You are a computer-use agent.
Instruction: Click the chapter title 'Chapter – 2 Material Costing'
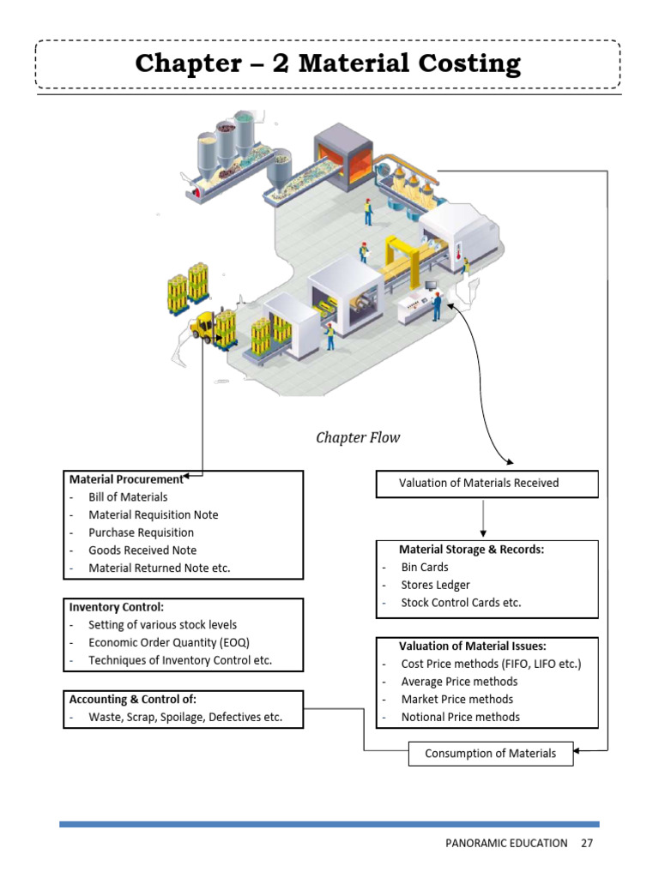(x=327, y=64)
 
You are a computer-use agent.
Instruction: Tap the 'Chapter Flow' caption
(x=358, y=438)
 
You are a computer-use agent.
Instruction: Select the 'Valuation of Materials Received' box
(x=486, y=484)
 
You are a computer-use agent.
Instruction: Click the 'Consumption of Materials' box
(x=490, y=754)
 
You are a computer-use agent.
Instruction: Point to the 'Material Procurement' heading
(x=125, y=479)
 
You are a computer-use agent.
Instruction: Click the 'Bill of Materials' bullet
(x=128, y=497)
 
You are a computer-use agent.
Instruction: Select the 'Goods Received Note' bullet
(x=142, y=550)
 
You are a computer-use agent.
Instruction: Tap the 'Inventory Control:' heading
(x=116, y=607)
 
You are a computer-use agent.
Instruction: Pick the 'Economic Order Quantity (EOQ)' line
(x=169, y=642)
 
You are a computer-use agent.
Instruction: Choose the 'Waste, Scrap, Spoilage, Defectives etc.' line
(x=184, y=718)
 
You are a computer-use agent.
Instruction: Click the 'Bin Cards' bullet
(x=424, y=567)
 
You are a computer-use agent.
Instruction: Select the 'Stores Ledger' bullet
(x=435, y=585)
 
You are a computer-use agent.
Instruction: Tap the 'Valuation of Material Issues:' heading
(x=472, y=646)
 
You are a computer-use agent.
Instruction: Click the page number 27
(x=587, y=843)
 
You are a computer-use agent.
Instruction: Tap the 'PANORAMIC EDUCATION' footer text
(x=506, y=843)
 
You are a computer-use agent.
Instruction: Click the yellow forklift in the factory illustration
(x=206, y=327)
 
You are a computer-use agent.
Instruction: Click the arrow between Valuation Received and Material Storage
(x=484, y=518)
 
